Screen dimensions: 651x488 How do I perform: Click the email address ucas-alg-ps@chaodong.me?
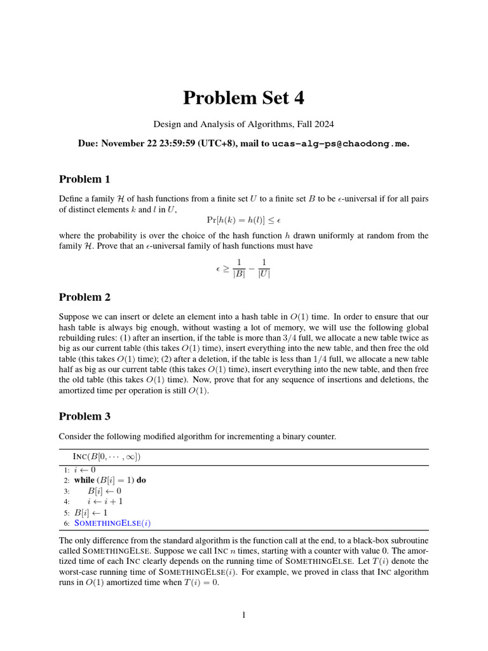340,144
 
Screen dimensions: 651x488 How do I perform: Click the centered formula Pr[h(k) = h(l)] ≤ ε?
243,220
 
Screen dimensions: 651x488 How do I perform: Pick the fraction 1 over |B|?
238,269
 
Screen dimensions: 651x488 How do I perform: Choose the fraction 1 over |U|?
264,269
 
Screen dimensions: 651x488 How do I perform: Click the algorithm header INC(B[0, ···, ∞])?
107,456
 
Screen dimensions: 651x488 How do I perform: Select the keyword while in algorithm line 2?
84,480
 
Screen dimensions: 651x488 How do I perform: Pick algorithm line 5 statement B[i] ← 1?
91,512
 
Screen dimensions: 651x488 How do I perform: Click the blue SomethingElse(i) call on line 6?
112,523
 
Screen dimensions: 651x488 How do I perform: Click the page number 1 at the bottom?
244,615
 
